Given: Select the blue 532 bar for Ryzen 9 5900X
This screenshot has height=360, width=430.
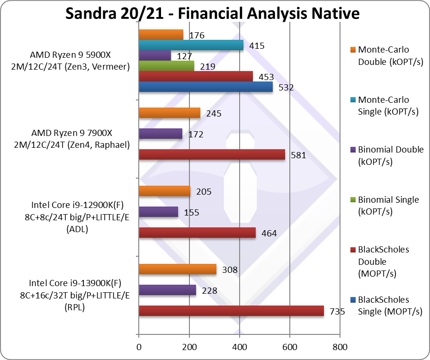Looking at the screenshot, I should pos(206,87).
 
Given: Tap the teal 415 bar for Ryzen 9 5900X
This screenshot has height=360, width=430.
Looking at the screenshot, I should pos(191,45).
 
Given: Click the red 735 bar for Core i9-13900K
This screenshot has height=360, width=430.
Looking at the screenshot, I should pos(231,311).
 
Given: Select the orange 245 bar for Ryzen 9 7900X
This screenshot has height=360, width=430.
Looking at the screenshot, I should pos(169,113).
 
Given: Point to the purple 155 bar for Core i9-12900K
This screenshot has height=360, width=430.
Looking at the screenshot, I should pos(158,212).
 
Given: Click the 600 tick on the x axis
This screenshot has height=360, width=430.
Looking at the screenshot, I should pos(290,347).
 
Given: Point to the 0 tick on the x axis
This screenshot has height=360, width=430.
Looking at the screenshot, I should pos(139,347).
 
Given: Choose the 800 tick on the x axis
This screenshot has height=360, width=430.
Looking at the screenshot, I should pos(340,347).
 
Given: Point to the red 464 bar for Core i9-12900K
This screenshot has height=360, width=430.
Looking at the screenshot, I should pos(197,233).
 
